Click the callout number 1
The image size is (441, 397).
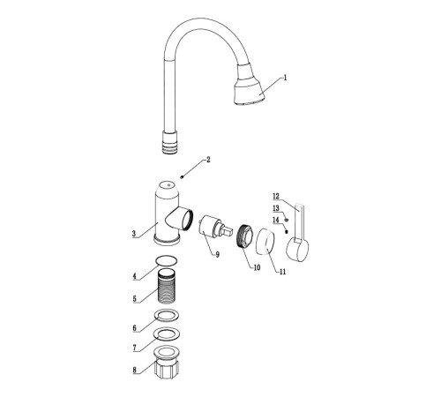pyautogui.click(x=285, y=78)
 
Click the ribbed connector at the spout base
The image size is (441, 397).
pyautogui.click(x=170, y=142)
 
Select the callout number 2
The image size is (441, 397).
pyautogui.click(x=208, y=160)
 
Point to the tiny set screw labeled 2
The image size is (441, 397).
pyautogui.click(x=182, y=177)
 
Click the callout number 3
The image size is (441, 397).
pyautogui.click(x=134, y=234)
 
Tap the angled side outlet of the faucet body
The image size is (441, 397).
pyautogui.click(x=180, y=219)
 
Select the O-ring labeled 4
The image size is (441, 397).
pyautogui.click(x=167, y=260)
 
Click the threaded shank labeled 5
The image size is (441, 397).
pyautogui.click(x=168, y=286)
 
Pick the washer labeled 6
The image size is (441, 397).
pyautogui.click(x=168, y=315)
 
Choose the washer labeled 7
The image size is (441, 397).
pyautogui.click(x=168, y=333)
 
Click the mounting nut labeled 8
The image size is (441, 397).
pyautogui.click(x=167, y=362)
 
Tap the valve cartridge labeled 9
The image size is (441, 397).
pyautogui.click(x=215, y=226)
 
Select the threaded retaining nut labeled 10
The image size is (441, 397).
pyautogui.click(x=244, y=236)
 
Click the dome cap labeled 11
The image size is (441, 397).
pyautogui.click(x=265, y=240)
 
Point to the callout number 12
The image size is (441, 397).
pyautogui.click(x=276, y=196)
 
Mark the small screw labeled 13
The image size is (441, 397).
pyautogui.click(x=287, y=220)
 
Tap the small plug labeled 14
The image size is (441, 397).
pyautogui.click(x=286, y=231)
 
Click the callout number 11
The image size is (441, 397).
pyautogui.click(x=282, y=272)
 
